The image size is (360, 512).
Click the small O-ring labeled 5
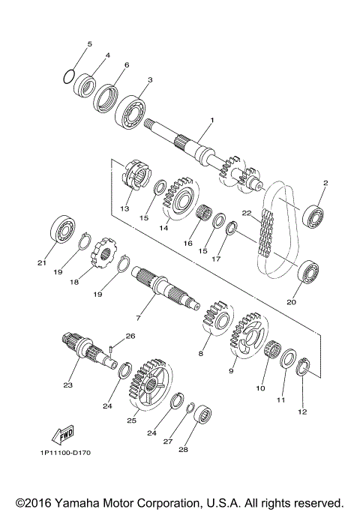click(68, 76)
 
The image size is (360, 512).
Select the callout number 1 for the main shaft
click(212, 121)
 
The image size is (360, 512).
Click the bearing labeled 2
click(313, 216)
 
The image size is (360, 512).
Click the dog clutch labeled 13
click(134, 178)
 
